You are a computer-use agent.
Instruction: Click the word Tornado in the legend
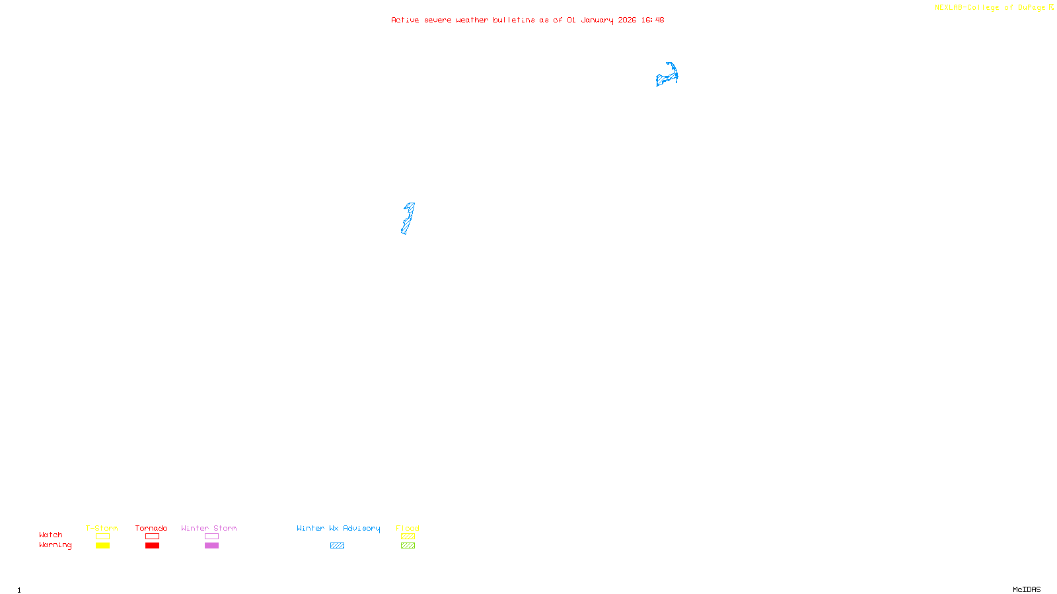click(x=151, y=528)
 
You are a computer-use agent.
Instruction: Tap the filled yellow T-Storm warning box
click(x=102, y=546)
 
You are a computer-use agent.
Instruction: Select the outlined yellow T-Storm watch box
click(x=102, y=537)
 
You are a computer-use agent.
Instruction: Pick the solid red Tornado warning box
click(x=152, y=546)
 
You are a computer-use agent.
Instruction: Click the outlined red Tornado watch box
click(x=152, y=537)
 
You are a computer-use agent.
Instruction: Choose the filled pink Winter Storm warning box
click(x=211, y=546)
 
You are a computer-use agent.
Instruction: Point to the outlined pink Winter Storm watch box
click(x=211, y=537)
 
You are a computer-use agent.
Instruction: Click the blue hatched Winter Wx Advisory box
click(x=337, y=546)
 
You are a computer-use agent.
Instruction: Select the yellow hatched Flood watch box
click(x=408, y=537)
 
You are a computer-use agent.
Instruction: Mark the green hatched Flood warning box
click(x=408, y=546)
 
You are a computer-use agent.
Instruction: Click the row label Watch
click(x=51, y=535)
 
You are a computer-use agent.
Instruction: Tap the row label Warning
click(x=55, y=545)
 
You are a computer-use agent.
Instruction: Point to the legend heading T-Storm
click(x=102, y=528)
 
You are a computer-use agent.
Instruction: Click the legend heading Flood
click(x=408, y=528)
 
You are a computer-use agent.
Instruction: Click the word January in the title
click(x=597, y=20)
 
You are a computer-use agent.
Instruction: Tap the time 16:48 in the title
click(x=653, y=20)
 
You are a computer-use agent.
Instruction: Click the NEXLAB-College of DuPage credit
click(x=990, y=8)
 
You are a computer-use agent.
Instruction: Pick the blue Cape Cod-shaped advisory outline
click(x=667, y=75)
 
